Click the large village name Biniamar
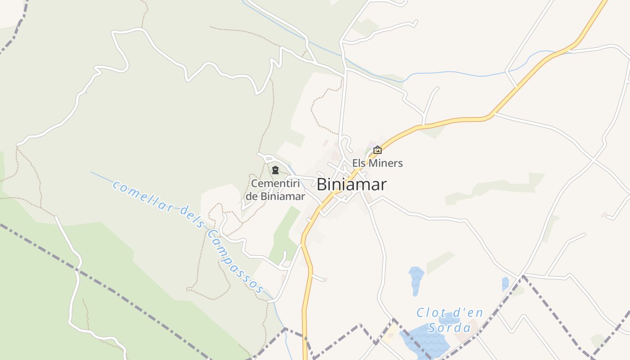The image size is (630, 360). click(351, 184)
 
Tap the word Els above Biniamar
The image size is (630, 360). click(359, 163)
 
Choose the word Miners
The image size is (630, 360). click(386, 163)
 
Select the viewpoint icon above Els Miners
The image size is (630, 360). click(378, 150)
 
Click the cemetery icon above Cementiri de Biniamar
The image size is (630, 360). click(275, 170)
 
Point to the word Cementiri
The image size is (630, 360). click(275, 184)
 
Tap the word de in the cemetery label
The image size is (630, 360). click(252, 197)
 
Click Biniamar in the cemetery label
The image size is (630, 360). click(283, 197)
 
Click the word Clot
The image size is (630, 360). click(431, 312)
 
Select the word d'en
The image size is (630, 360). click(468, 312)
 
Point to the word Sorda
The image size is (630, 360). click(449, 327)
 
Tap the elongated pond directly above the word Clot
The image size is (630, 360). click(415, 280)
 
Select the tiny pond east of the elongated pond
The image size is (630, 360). click(505, 283)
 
